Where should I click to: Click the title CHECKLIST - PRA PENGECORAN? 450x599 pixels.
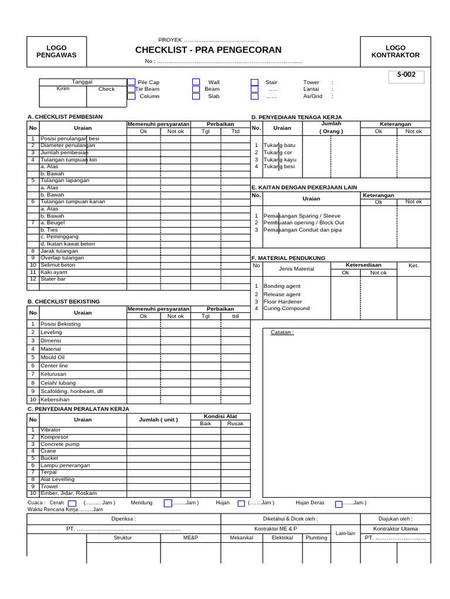[208, 50]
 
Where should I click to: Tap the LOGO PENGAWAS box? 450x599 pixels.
[56, 51]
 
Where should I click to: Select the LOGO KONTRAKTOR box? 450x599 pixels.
[396, 51]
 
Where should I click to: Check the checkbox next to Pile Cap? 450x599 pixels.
[131, 82]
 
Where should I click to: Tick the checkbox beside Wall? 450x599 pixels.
[196, 82]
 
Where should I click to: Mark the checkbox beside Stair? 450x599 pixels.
[254, 82]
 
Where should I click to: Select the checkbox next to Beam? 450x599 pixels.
[196, 89]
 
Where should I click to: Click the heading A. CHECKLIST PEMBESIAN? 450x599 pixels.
[65, 117]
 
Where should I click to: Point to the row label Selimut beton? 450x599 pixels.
[57, 265]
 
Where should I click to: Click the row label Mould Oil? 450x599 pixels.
[53, 357]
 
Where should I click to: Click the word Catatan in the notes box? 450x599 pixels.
[282, 332]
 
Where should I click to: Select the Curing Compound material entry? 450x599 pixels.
[287, 308]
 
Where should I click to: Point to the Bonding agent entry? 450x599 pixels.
[282, 286]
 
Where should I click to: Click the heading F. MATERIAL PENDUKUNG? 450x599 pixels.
[288, 258]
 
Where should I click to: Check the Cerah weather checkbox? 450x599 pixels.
[72, 502]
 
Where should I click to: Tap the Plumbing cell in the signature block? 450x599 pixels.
[316, 538]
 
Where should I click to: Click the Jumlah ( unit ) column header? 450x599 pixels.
[158, 419]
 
